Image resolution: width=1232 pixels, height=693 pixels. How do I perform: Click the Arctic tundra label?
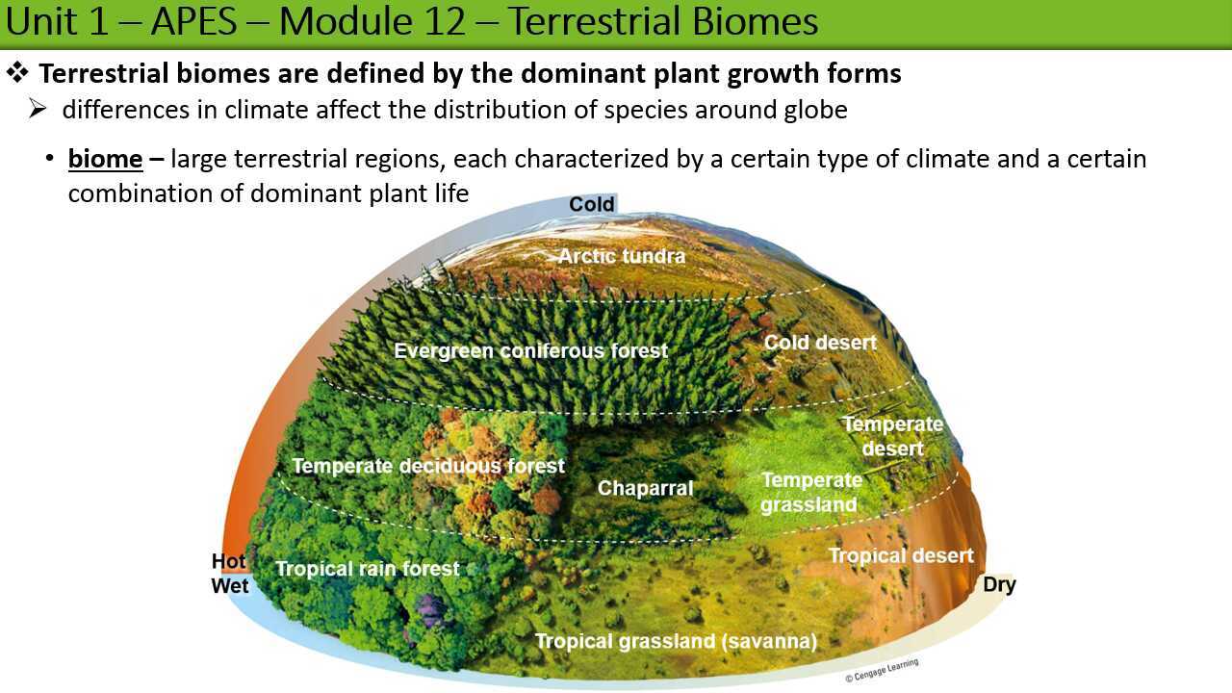click(x=622, y=256)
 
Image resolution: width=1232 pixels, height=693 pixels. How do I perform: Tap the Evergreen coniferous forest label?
click(x=530, y=351)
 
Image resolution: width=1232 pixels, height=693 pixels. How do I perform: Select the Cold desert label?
click(x=820, y=343)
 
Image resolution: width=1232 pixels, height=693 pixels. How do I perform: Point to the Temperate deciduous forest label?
click(x=428, y=466)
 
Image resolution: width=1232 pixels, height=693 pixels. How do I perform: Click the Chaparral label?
click(x=645, y=488)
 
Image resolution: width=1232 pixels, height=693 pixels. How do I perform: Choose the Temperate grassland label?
click(x=810, y=492)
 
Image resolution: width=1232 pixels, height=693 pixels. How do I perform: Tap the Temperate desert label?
click(x=893, y=436)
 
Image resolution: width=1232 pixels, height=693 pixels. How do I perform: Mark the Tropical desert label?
click(x=901, y=555)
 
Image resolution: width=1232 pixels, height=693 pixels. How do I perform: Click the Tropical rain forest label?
click(x=368, y=569)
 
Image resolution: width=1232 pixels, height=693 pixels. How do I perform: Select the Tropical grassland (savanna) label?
click(x=676, y=641)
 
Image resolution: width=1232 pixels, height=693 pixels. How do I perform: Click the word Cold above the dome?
click(x=591, y=204)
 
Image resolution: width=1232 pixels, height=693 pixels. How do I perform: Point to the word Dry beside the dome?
click(x=999, y=584)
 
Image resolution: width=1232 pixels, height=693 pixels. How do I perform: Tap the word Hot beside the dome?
click(x=229, y=561)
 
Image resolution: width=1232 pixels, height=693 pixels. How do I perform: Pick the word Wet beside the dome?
click(x=230, y=585)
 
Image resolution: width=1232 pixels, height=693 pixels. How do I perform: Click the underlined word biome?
click(x=105, y=158)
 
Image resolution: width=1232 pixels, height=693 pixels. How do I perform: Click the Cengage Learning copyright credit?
click(x=882, y=670)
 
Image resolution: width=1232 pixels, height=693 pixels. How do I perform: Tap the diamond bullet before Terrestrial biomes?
click(x=18, y=73)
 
